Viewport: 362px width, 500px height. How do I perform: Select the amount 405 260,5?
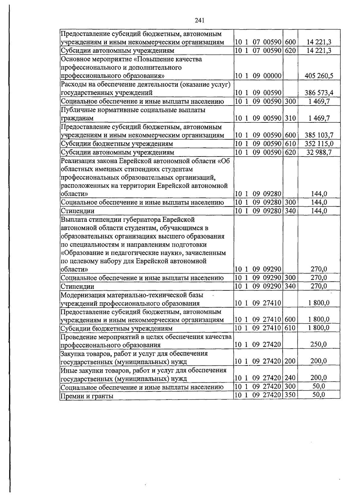[319, 76]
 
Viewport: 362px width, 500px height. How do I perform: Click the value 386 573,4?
[319, 93]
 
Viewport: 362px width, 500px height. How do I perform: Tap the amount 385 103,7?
[319, 135]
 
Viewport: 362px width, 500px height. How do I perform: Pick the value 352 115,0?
[319, 144]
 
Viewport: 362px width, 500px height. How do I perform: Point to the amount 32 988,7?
[319, 152]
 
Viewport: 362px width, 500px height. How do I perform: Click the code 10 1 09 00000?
[258, 76]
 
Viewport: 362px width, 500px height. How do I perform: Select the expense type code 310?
[290, 118]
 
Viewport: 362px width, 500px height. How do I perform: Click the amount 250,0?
[319, 344]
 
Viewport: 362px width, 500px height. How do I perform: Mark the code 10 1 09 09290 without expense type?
[258, 269]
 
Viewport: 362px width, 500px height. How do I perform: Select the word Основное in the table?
[75, 59]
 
